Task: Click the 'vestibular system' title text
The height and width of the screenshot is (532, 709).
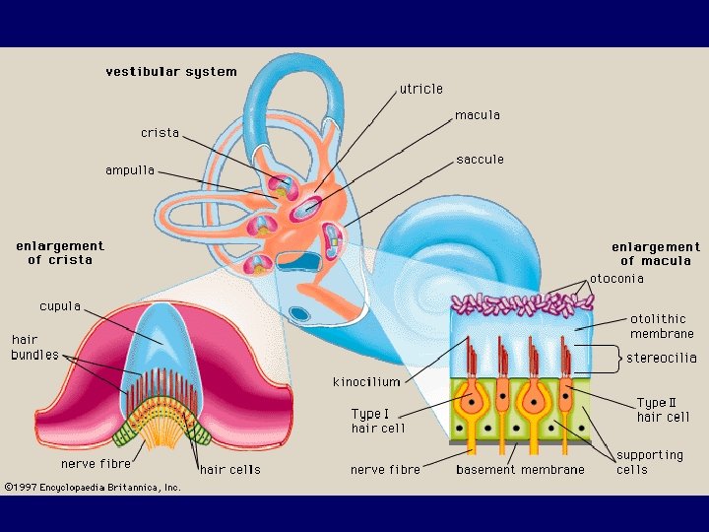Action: [171, 72]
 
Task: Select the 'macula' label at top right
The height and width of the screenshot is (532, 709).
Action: [477, 115]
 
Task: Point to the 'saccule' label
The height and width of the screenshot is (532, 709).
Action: [480, 160]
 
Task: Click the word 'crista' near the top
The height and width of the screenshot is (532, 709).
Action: [160, 133]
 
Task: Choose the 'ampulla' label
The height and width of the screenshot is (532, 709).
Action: [130, 170]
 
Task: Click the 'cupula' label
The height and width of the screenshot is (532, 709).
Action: [60, 306]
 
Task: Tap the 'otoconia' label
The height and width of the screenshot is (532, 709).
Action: [616, 279]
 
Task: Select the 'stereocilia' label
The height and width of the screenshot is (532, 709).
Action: [661, 358]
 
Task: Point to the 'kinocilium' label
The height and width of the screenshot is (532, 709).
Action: [366, 381]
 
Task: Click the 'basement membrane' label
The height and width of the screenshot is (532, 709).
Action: [520, 470]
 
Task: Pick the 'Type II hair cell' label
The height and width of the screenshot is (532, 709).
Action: [663, 410]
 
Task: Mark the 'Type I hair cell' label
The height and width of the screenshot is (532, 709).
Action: [378, 421]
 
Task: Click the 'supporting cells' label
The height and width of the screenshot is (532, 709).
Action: [649, 462]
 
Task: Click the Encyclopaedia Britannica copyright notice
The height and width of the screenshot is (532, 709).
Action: [93, 487]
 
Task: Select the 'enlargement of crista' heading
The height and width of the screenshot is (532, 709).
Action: [60, 253]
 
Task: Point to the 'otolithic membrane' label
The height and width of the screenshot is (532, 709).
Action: [662, 326]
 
